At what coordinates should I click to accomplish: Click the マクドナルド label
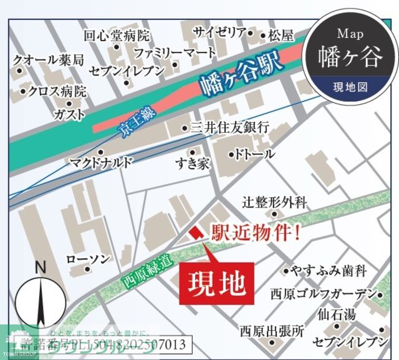(101, 163)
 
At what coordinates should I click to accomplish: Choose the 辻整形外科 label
(275, 202)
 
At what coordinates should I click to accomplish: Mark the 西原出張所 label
(272, 331)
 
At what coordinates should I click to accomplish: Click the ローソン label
(88, 258)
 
